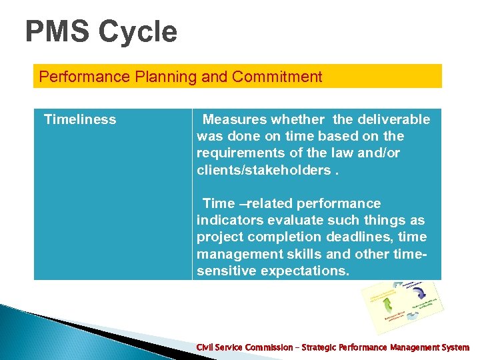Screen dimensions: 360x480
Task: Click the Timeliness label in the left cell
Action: (80, 120)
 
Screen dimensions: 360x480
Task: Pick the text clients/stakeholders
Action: (262, 170)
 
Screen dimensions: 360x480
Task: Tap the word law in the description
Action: (369, 153)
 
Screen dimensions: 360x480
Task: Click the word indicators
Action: (228, 221)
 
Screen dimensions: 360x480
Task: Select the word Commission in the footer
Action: (265, 347)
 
